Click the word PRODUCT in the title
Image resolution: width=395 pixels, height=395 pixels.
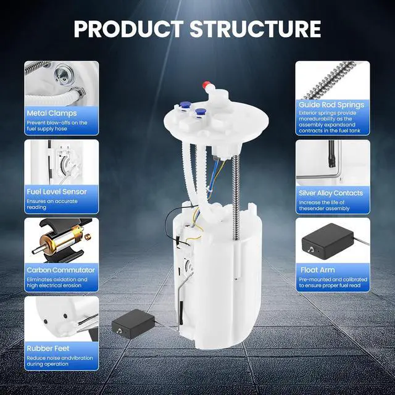click(x=129, y=29)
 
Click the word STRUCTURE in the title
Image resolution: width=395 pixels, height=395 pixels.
click(x=256, y=29)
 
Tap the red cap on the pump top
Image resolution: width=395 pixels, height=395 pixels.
click(x=207, y=85)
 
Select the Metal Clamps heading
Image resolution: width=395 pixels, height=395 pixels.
click(x=52, y=114)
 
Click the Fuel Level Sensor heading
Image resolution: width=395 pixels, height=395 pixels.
click(x=57, y=192)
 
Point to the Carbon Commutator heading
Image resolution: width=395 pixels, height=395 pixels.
click(x=60, y=270)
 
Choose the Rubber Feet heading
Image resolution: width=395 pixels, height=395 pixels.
click(x=48, y=348)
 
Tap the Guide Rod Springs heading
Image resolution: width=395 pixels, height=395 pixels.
click(x=331, y=105)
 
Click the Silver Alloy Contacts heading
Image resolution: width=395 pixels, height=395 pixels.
click(x=331, y=193)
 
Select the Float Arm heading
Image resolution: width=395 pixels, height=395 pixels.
click(x=317, y=270)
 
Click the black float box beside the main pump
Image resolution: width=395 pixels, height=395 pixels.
click(x=133, y=323)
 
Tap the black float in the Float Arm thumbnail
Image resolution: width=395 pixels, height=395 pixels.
click(x=328, y=241)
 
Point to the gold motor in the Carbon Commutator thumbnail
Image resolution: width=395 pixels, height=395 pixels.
click(x=62, y=239)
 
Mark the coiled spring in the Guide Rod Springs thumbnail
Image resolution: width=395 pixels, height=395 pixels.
click(x=329, y=81)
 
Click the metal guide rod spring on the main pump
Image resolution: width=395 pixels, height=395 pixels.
click(x=236, y=197)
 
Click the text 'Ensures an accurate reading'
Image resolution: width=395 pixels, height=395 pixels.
click(x=52, y=204)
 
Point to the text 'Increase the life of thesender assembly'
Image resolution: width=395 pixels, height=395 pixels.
click(x=324, y=206)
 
